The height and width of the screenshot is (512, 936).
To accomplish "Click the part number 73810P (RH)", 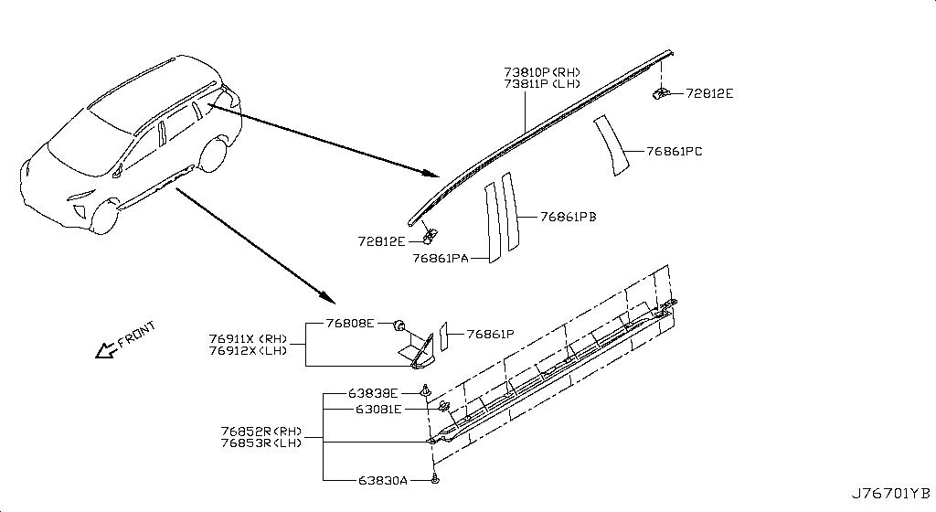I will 541,72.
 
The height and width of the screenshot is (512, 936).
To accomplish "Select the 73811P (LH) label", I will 541,84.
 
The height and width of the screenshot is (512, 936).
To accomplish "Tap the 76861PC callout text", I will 674,151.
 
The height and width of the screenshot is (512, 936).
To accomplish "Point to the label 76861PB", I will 568,217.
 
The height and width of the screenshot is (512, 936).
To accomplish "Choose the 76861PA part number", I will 440,259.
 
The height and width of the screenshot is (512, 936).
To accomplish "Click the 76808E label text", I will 351,324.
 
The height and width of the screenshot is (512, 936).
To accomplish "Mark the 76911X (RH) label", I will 248,338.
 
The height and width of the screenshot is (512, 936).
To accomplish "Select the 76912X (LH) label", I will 248,350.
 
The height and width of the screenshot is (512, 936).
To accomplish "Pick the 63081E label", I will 378,410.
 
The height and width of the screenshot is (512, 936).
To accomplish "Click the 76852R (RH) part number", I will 261,432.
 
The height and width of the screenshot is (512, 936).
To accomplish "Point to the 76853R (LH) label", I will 261,443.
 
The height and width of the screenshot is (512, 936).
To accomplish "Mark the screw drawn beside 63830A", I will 436,479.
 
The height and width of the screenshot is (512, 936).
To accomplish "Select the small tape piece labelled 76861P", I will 443,335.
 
